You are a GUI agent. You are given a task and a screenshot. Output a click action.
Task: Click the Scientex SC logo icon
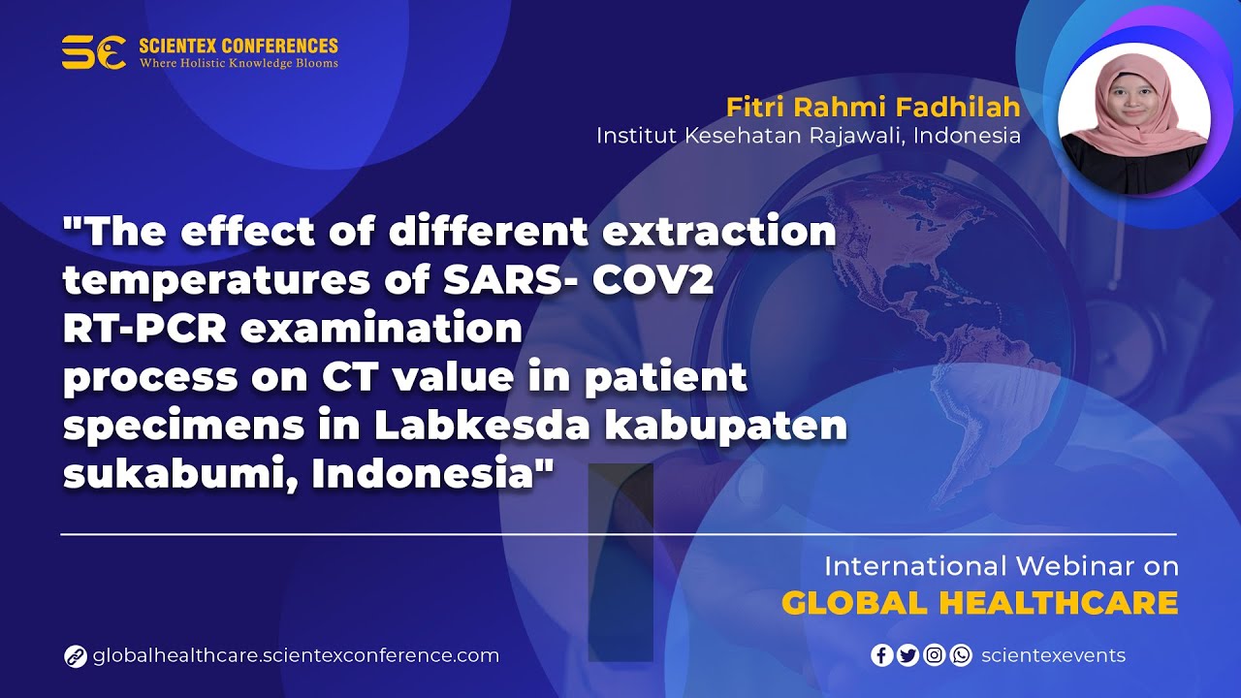pos(94,51)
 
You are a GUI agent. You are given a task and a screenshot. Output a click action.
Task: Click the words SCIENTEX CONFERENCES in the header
pos(239,46)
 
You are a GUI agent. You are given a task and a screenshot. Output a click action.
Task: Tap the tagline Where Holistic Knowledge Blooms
pos(239,64)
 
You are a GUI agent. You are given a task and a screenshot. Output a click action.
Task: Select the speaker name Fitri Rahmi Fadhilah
pos(873,106)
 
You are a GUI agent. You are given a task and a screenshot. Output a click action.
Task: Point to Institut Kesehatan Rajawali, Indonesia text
pos(808,135)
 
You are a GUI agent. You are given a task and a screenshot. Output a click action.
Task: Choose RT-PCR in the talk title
pos(143,329)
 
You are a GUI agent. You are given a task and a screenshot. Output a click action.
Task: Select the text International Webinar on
pos(1001,566)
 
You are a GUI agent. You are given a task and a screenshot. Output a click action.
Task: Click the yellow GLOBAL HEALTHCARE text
pos(979,603)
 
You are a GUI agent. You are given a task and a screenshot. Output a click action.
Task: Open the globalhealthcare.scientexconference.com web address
pos(296,655)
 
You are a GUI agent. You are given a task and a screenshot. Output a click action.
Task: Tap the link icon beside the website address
pos(76,656)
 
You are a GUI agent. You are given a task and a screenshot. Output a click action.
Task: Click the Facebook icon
pos(881,655)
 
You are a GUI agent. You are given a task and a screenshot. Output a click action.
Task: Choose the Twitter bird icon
pos(907,655)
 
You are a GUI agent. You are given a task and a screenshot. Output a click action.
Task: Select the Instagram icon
pos(934,655)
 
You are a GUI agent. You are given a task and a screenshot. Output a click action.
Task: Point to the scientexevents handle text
pos(1053,655)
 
